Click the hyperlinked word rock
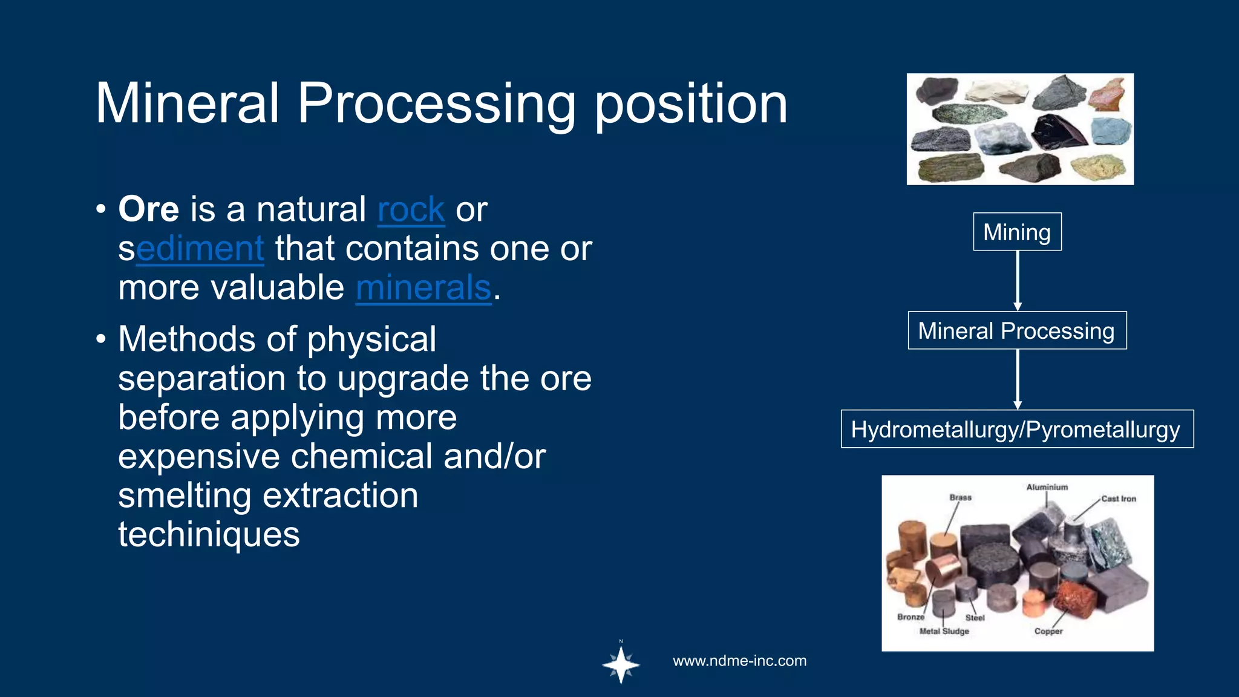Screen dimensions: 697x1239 (411, 210)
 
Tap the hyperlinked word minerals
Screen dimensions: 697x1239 (423, 288)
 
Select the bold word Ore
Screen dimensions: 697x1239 (148, 210)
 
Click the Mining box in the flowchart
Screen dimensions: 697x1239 (1017, 232)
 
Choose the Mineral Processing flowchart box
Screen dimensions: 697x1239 (1016, 330)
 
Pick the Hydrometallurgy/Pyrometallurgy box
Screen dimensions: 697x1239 (1016, 429)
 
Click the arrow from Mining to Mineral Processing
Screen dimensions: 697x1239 (1018, 280)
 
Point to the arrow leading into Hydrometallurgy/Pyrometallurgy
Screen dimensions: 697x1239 (1018, 379)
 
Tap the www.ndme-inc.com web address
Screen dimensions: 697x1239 (739, 661)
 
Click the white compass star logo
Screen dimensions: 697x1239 (621, 665)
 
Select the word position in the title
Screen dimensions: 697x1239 (690, 105)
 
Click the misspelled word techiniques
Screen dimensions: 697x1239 (209, 535)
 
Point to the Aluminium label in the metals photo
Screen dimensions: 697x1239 (1047, 487)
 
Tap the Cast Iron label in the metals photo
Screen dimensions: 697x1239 (1118, 499)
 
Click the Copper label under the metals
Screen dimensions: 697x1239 (1048, 631)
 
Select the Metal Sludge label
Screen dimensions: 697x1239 (944, 631)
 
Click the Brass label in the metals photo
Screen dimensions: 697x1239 (960, 497)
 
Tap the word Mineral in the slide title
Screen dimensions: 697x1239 (188, 105)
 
